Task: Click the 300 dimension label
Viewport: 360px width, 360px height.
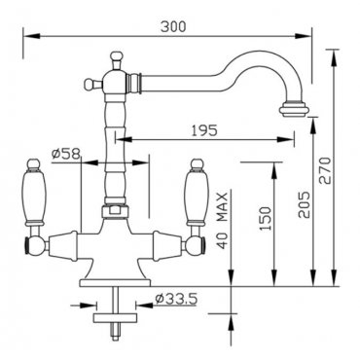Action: click(173, 26)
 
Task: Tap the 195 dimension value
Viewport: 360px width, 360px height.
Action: click(204, 130)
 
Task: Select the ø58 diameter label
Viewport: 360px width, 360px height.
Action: click(66, 154)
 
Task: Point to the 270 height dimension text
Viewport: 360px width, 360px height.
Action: click(325, 170)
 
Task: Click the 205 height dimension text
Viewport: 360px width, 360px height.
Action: click(305, 204)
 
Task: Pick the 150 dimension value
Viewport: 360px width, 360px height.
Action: click(265, 219)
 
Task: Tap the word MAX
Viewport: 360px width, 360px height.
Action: click(222, 207)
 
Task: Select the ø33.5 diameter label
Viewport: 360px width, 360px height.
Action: click(176, 299)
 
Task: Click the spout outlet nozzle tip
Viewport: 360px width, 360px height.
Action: click(293, 109)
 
